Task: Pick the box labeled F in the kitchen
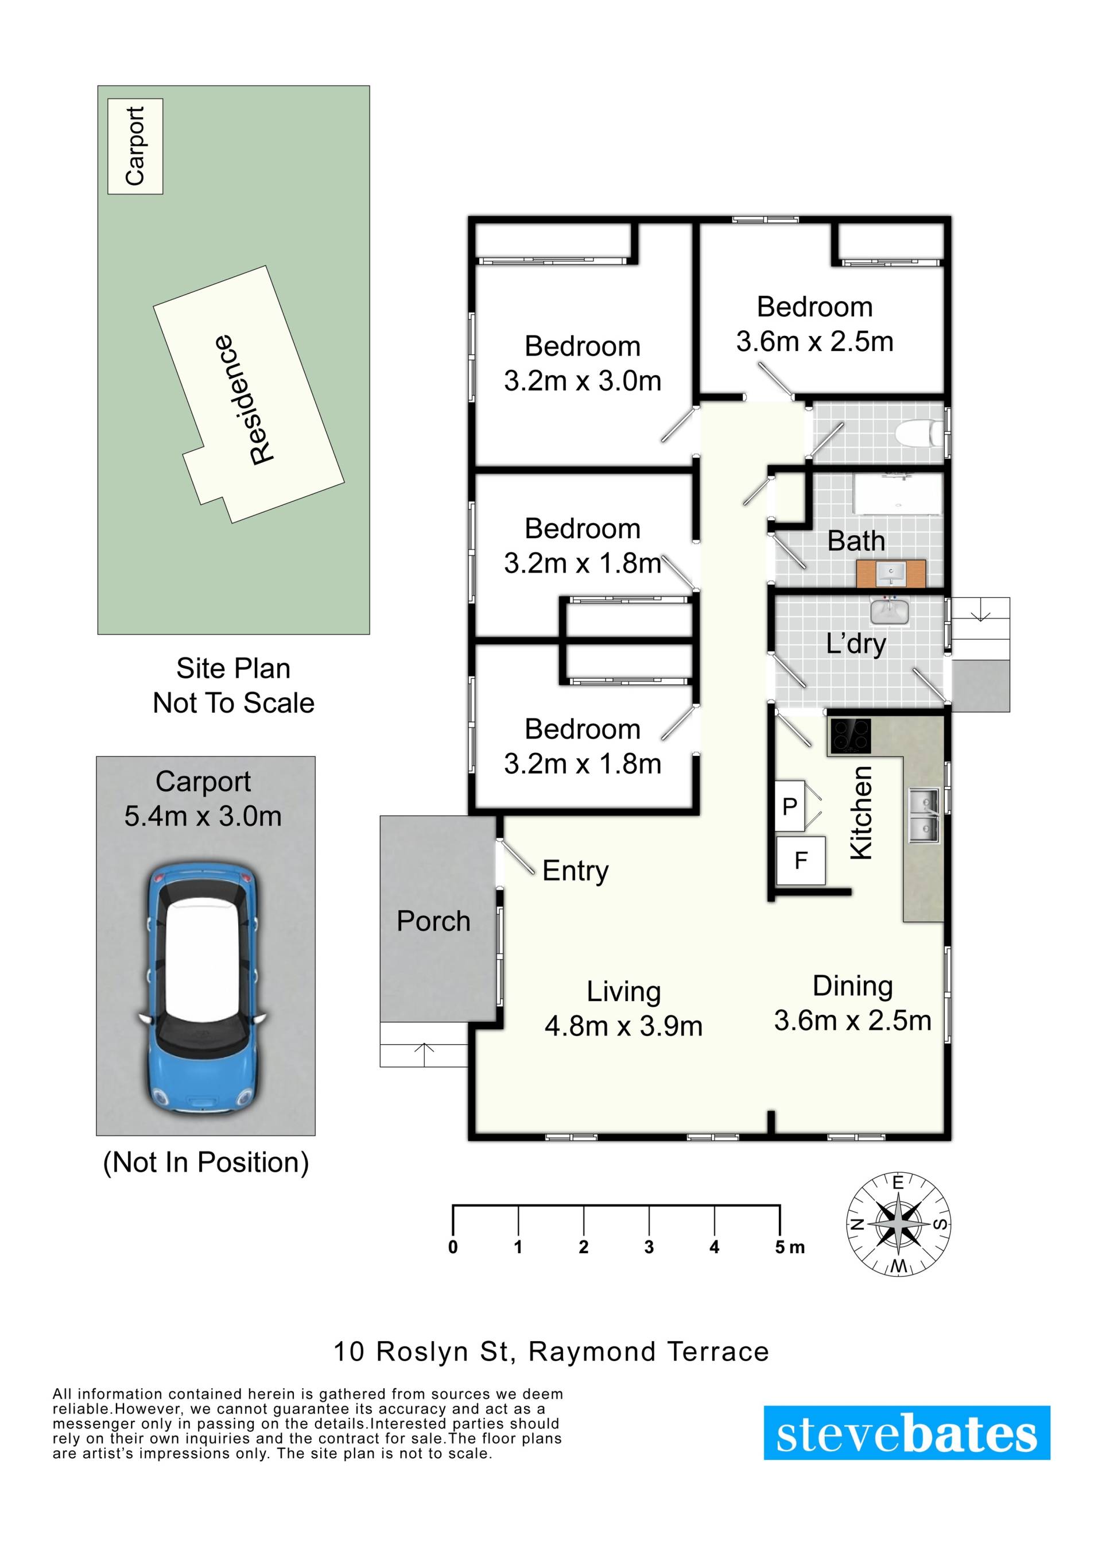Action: tap(801, 861)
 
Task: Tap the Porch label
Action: tap(433, 921)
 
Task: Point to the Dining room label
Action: tap(853, 987)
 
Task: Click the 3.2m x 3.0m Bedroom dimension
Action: tap(582, 381)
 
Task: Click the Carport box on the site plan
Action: tap(135, 146)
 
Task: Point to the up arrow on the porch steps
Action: tap(425, 1054)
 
